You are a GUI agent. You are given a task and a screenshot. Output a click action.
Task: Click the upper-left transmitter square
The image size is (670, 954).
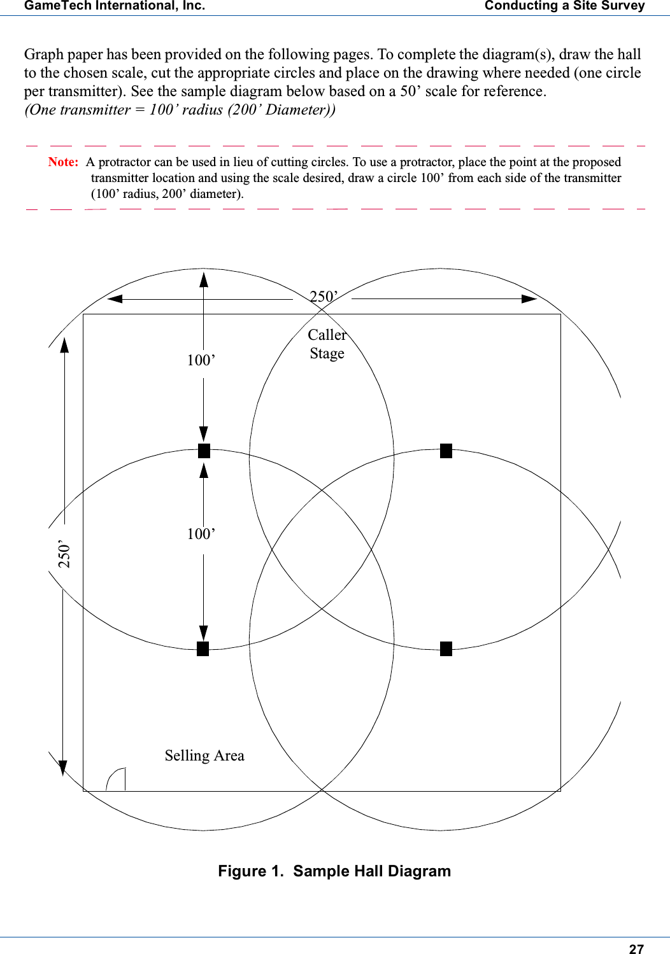pyautogui.click(x=204, y=451)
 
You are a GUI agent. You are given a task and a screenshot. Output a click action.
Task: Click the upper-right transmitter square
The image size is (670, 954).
pyautogui.click(x=446, y=451)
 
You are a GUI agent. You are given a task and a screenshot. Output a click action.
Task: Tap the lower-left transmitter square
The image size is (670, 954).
pyautogui.click(x=203, y=649)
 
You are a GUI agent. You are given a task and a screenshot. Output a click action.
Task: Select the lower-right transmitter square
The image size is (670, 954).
pyautogui.click(x=446, y=649)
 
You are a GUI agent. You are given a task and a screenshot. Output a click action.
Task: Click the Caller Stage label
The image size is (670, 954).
pyautogui.click(x=327, y=344)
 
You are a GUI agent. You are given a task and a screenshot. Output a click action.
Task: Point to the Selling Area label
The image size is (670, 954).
pyautogui.click(x=204, y=755)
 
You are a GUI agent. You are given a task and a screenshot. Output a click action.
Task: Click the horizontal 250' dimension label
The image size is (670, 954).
pyautogui.click(x=324, y=297)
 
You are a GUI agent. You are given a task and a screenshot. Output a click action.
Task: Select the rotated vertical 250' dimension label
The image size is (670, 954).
pyautogui.click(x=64, y=554)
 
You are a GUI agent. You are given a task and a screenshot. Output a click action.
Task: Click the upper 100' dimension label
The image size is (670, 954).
pyautogui.click(x=201, y=361)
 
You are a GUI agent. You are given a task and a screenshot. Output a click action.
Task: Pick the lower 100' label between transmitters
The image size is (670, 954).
pyautogui.click(x=201, y=534)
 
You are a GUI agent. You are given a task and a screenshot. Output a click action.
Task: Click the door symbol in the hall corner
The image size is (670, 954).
pyautogui.click(x=116, y=780)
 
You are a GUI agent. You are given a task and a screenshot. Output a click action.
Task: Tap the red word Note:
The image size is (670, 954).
pyautogui.click(x=63, y=162)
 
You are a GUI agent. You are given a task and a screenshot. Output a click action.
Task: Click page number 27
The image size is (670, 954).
pyautogui.click(x=636, y=949)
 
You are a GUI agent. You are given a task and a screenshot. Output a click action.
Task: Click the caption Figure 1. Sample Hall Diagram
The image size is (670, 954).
pyautogui.click(x=334, y=871)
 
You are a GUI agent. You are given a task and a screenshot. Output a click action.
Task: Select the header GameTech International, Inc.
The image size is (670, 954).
pyautogui.click(x=115, y=6)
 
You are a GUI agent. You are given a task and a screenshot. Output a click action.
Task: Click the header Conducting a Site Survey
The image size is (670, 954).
pyautogui.click(x=564, y=6)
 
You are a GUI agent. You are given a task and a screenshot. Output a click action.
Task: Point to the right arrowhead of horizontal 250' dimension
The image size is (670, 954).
pyautogui.click(x=529, y=298)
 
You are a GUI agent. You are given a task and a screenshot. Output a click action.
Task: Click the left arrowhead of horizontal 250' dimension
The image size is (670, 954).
pyautogui.click(x=115, y=298)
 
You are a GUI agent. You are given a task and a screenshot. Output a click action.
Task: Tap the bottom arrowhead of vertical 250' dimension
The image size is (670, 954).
pyautogui.click(x=62, y=768)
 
